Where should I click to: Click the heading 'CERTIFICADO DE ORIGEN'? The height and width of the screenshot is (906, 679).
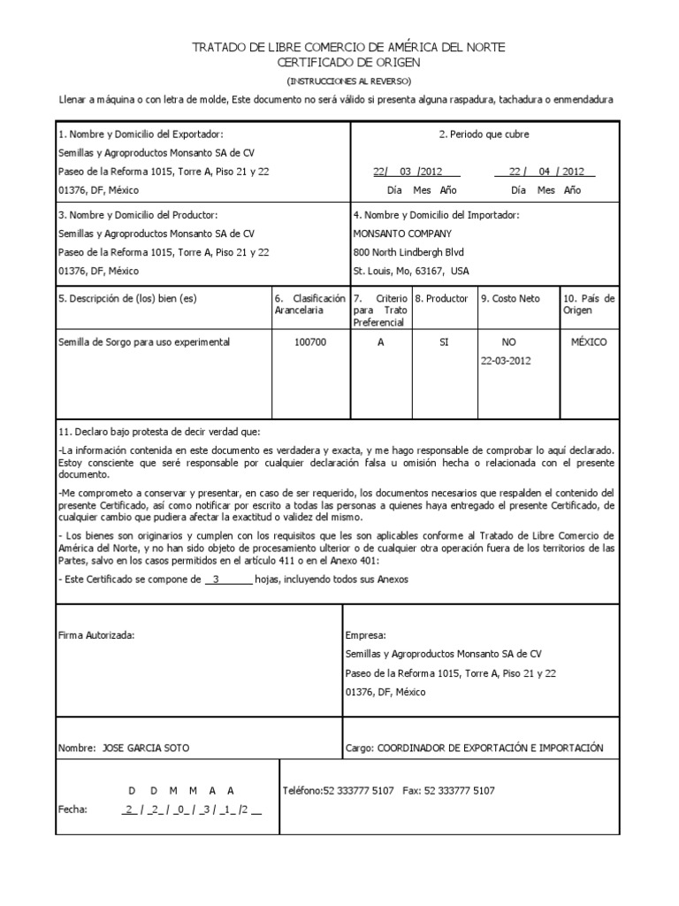(x=348, y=63)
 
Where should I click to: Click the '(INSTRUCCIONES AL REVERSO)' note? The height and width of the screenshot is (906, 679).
(x=348, y=81)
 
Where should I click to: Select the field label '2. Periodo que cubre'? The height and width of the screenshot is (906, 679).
(x=484, y=134)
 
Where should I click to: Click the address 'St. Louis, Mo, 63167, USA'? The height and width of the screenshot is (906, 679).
(x=411, y=271)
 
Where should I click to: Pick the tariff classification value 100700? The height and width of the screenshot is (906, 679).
(x=310, y=342)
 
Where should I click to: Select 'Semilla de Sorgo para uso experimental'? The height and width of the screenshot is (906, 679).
(x=143, y=342)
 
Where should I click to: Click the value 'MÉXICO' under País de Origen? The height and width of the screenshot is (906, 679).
(x=588, y=342)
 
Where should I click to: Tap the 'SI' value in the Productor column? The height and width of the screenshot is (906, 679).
(x=445, y=342)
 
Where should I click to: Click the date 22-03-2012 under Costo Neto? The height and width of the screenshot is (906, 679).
(x=506, y=361)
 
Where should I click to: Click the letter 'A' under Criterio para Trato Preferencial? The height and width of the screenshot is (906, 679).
(x=381, y=342)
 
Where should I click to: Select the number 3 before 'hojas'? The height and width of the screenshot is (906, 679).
(x=217, y=580)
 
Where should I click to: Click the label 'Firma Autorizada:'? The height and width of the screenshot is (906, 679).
(x=96, y=635)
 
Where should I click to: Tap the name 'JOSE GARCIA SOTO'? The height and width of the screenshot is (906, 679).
(x=146, y=748)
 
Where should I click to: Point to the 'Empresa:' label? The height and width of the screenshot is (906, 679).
(x=365, y=635)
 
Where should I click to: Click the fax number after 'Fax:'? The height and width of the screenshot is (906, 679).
(x=461, y=790)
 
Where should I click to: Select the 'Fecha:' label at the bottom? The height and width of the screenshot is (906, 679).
(x=72, y=809)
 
